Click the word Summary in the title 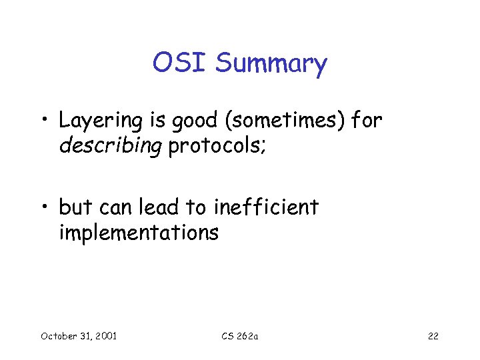coord(271,65)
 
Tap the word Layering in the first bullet coord(101,121)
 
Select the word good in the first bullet coord(190,121)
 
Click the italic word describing coord(111,147)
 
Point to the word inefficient coord(266,208)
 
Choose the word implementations coord(139,233)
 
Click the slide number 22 coord(433,336)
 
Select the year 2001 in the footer coord(105,336)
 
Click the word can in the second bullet coord(117,208)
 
